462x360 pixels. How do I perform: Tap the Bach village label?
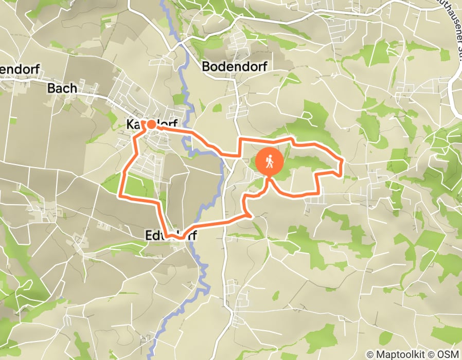[x=62, y=88]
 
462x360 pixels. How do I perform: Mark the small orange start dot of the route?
[x=151, y=124]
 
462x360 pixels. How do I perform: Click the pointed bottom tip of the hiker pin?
[x=269, y=178]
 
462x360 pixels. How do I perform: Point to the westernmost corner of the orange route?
[x=120, y=195]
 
